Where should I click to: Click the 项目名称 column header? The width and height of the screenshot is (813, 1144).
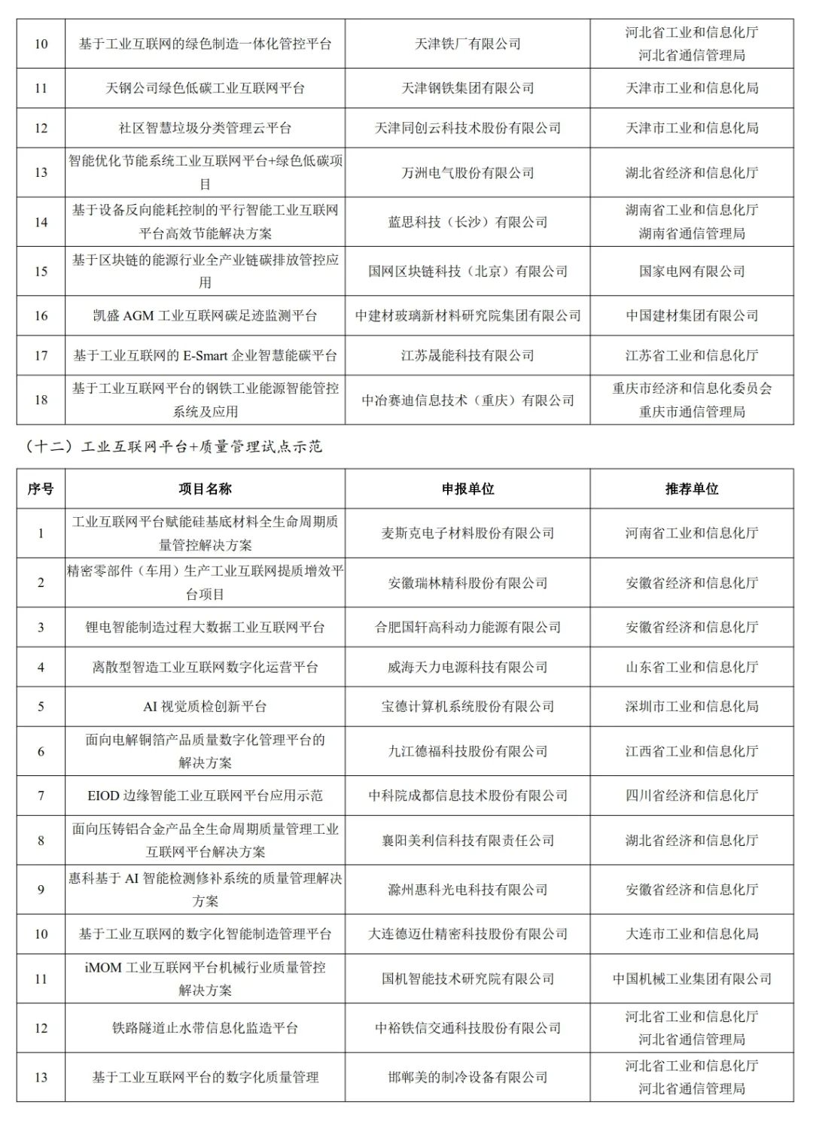tap(205, 489)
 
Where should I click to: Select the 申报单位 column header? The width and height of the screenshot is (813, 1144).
tap(467, 489)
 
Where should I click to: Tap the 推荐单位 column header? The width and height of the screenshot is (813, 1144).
tap(691, 489)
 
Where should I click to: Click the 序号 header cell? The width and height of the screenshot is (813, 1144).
tap(41, 489)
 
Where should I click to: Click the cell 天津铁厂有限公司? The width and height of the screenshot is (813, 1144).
tap(467, 44)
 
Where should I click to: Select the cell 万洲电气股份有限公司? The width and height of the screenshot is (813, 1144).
tap(467, 173)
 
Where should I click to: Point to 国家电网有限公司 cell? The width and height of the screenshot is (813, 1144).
tap(691, 272)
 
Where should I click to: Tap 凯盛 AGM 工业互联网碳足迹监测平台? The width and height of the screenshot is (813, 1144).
tap(205, 316)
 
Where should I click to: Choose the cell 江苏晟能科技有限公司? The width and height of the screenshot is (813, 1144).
tap(467, 355)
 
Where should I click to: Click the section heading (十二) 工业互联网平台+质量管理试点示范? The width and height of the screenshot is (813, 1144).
tap(174, 447)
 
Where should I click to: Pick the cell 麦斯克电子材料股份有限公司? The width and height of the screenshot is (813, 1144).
tap(467, 534)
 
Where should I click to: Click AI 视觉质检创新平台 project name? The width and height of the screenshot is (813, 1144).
tap(205, 707)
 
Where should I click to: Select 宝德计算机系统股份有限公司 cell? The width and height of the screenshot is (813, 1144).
tap(467, 707)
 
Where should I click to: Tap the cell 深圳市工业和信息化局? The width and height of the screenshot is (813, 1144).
tap(691, 707)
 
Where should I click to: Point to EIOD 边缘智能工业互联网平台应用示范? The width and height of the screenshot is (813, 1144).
tap(205, 796)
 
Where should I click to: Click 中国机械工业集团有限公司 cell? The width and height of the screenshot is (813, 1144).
tap(691, 979)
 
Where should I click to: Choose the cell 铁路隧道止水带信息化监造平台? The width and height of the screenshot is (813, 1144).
tap(205, 1028)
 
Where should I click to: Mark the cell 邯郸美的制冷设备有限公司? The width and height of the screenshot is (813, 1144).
tap(467, 1078)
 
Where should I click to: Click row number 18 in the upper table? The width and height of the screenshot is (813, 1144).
tap(41, 400)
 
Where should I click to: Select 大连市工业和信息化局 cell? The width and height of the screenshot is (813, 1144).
tap(691, 934)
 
